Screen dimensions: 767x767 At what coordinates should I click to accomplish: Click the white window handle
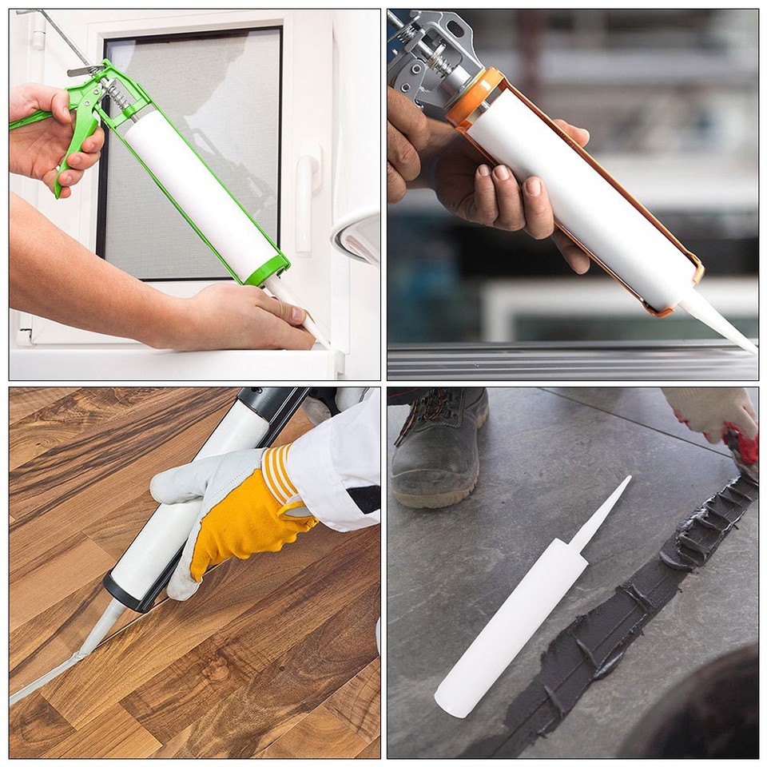click(308, 200)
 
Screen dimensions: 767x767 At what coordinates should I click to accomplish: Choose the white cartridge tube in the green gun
click(200, 192)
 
